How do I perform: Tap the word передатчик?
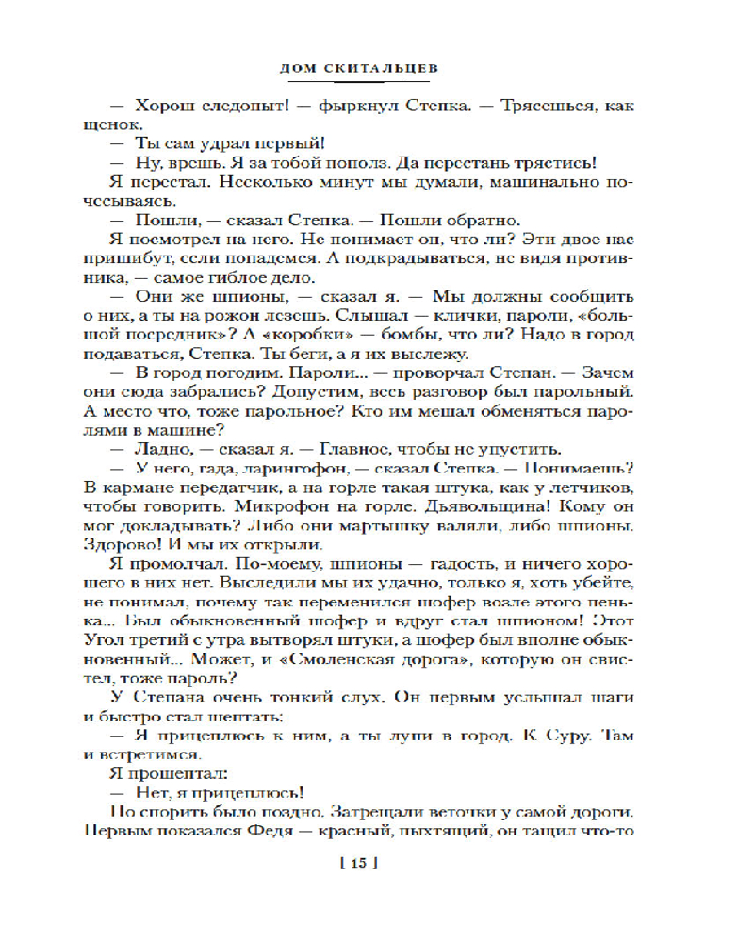pyautogui.click(x=224, y=488)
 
